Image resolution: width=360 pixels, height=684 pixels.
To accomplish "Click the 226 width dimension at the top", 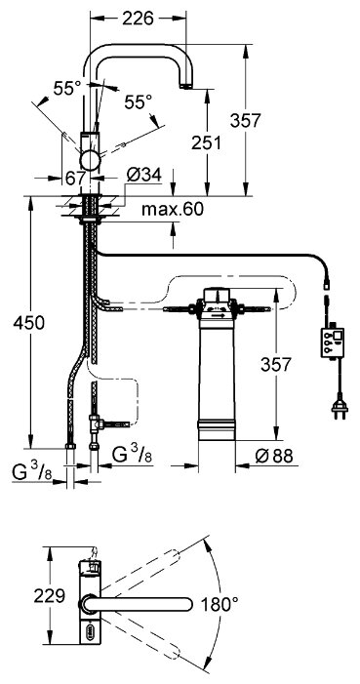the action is (138, 19).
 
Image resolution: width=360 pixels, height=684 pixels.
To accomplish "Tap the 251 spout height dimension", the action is (207, 142).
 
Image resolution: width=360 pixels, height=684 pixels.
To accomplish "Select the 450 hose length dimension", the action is (29, 323).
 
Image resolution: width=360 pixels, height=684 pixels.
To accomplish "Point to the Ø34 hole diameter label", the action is (144, 176).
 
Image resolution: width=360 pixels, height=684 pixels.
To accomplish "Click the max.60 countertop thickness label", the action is (173, 210).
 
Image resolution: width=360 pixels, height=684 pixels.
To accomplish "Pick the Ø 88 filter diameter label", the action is (274, 457).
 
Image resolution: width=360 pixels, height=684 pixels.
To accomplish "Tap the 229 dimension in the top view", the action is (50, 595).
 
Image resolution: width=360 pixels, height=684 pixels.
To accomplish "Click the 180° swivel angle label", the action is (220, 604).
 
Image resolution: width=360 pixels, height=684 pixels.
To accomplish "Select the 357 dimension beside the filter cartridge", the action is (276, 364).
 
